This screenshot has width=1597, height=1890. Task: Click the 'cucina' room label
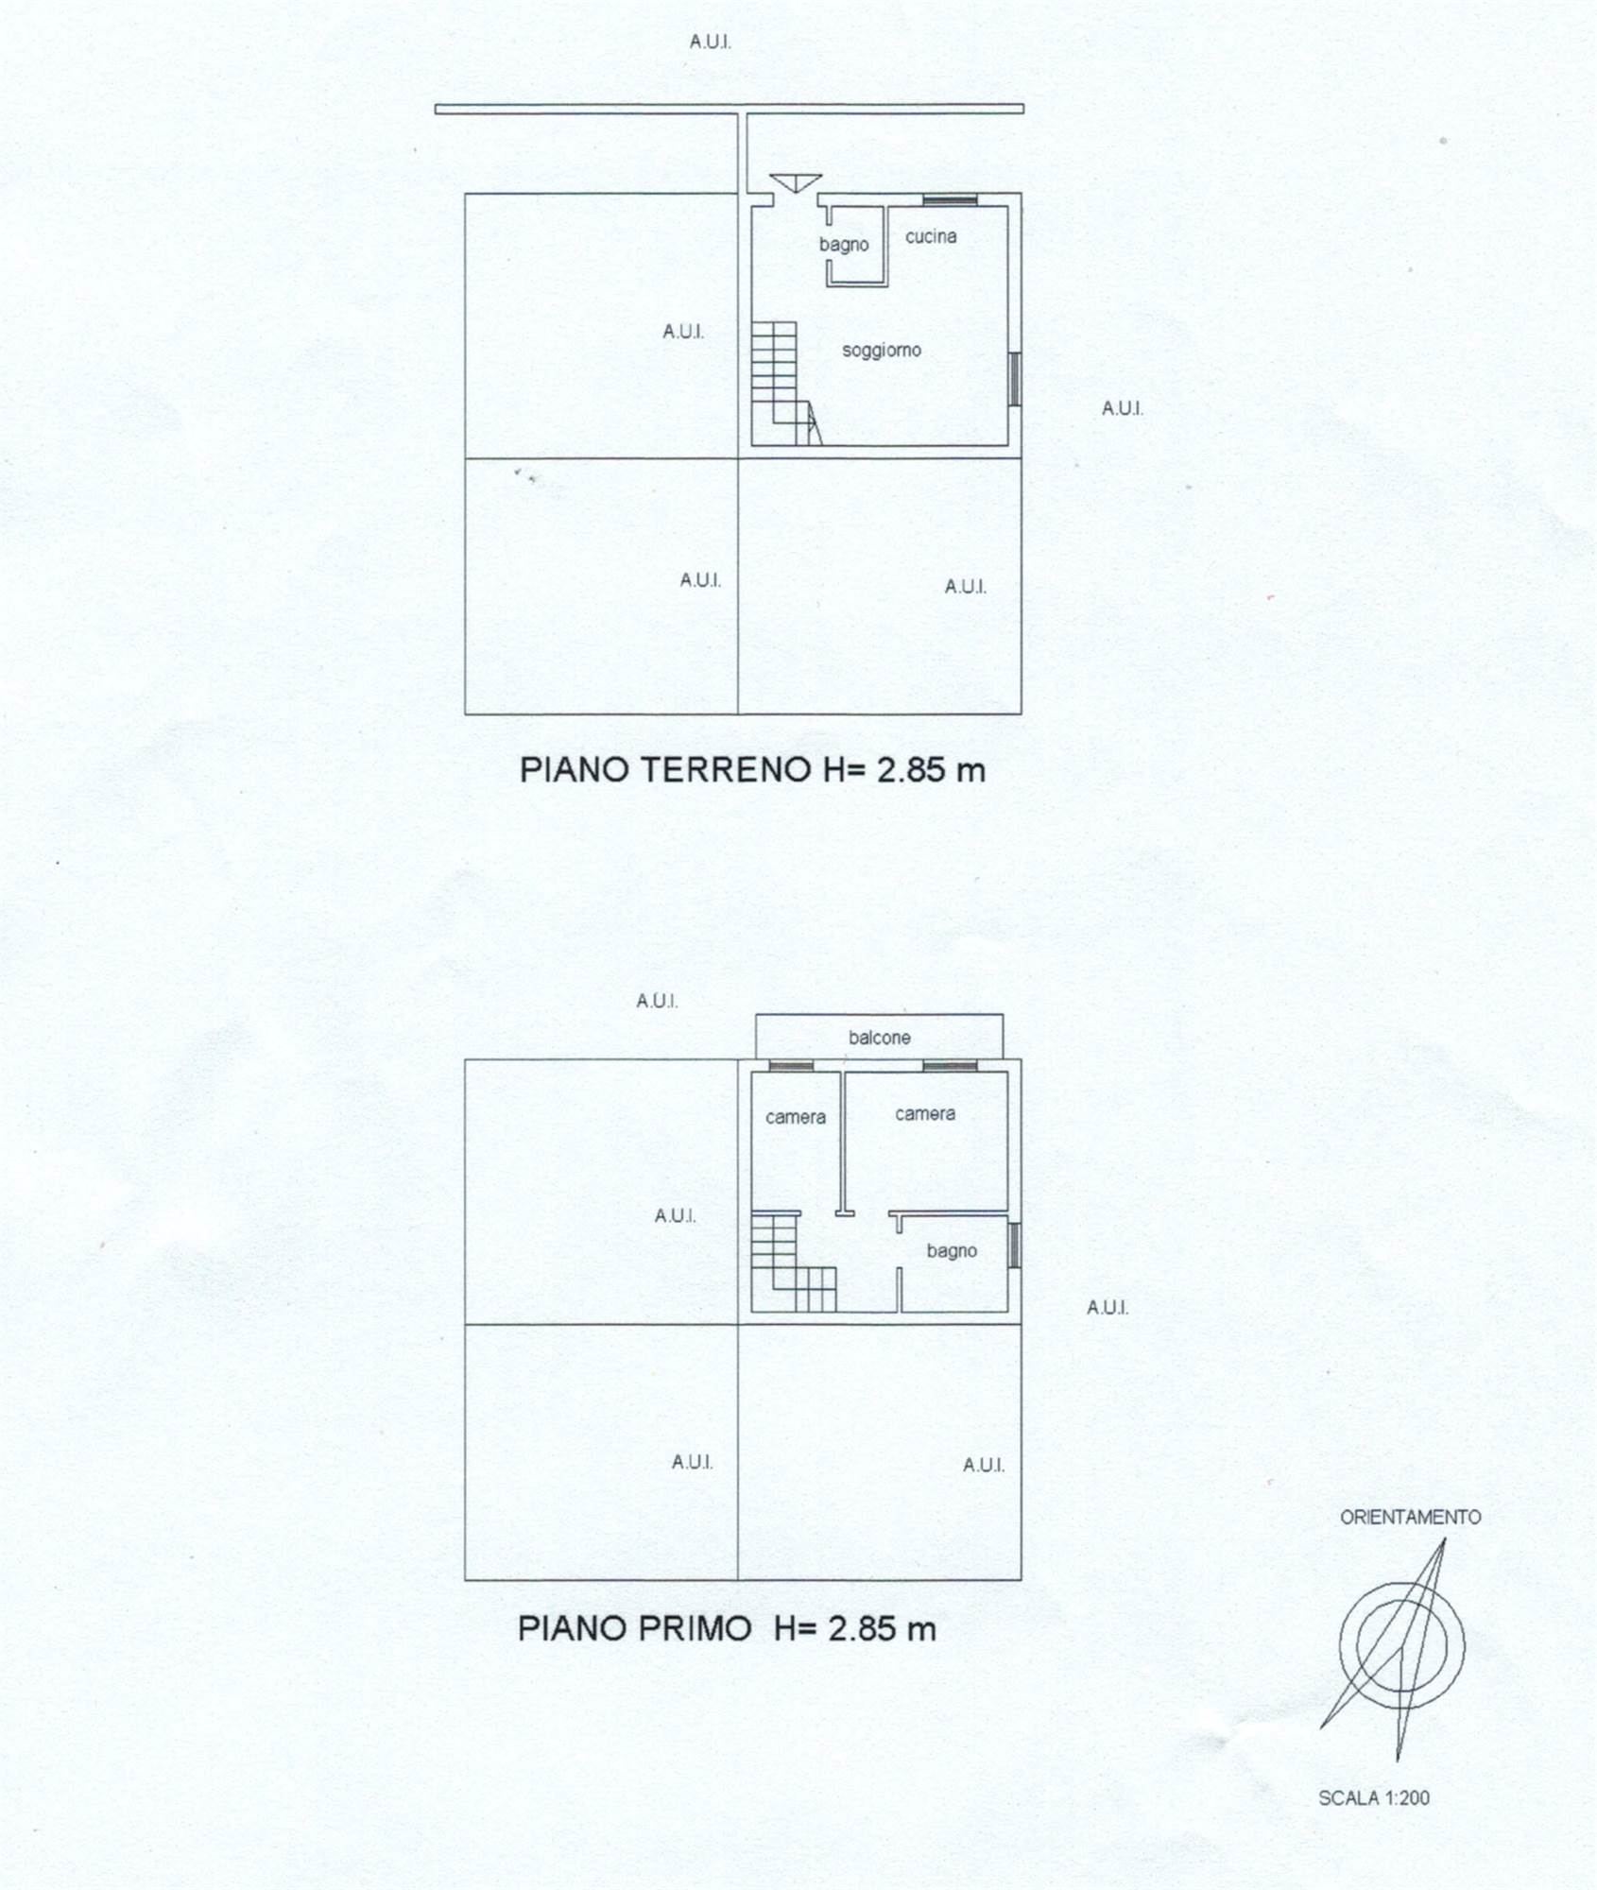[x=931, y=236]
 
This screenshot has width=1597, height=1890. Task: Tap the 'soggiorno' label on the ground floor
[x=882, y=351]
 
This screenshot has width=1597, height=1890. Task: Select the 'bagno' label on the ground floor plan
[x=844, y=245]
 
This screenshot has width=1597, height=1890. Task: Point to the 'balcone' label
[x=880, y=1038]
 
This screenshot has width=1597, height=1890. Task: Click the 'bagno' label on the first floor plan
[x=952, y=1251]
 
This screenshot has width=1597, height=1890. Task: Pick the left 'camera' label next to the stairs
[x=796, y=1117]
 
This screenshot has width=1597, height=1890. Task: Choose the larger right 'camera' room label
[x=925, y=1114]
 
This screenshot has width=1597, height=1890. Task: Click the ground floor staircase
[x=785, y=383]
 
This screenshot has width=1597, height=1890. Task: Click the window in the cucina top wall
[x=950, y=199]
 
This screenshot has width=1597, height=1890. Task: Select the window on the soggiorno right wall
[x=1015, y=379]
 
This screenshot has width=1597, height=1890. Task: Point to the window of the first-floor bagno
[x=1015, y=1246]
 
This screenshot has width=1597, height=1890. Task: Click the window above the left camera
[x=791, y=1066]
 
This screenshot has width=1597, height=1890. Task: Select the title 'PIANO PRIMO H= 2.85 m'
[x=727, y=1628]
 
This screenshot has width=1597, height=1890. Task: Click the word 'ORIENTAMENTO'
[x=1410, y=1517]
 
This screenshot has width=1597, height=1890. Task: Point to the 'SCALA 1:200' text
[x=1374, y=1797]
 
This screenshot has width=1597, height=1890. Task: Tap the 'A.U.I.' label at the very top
[x=711, y=42]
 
